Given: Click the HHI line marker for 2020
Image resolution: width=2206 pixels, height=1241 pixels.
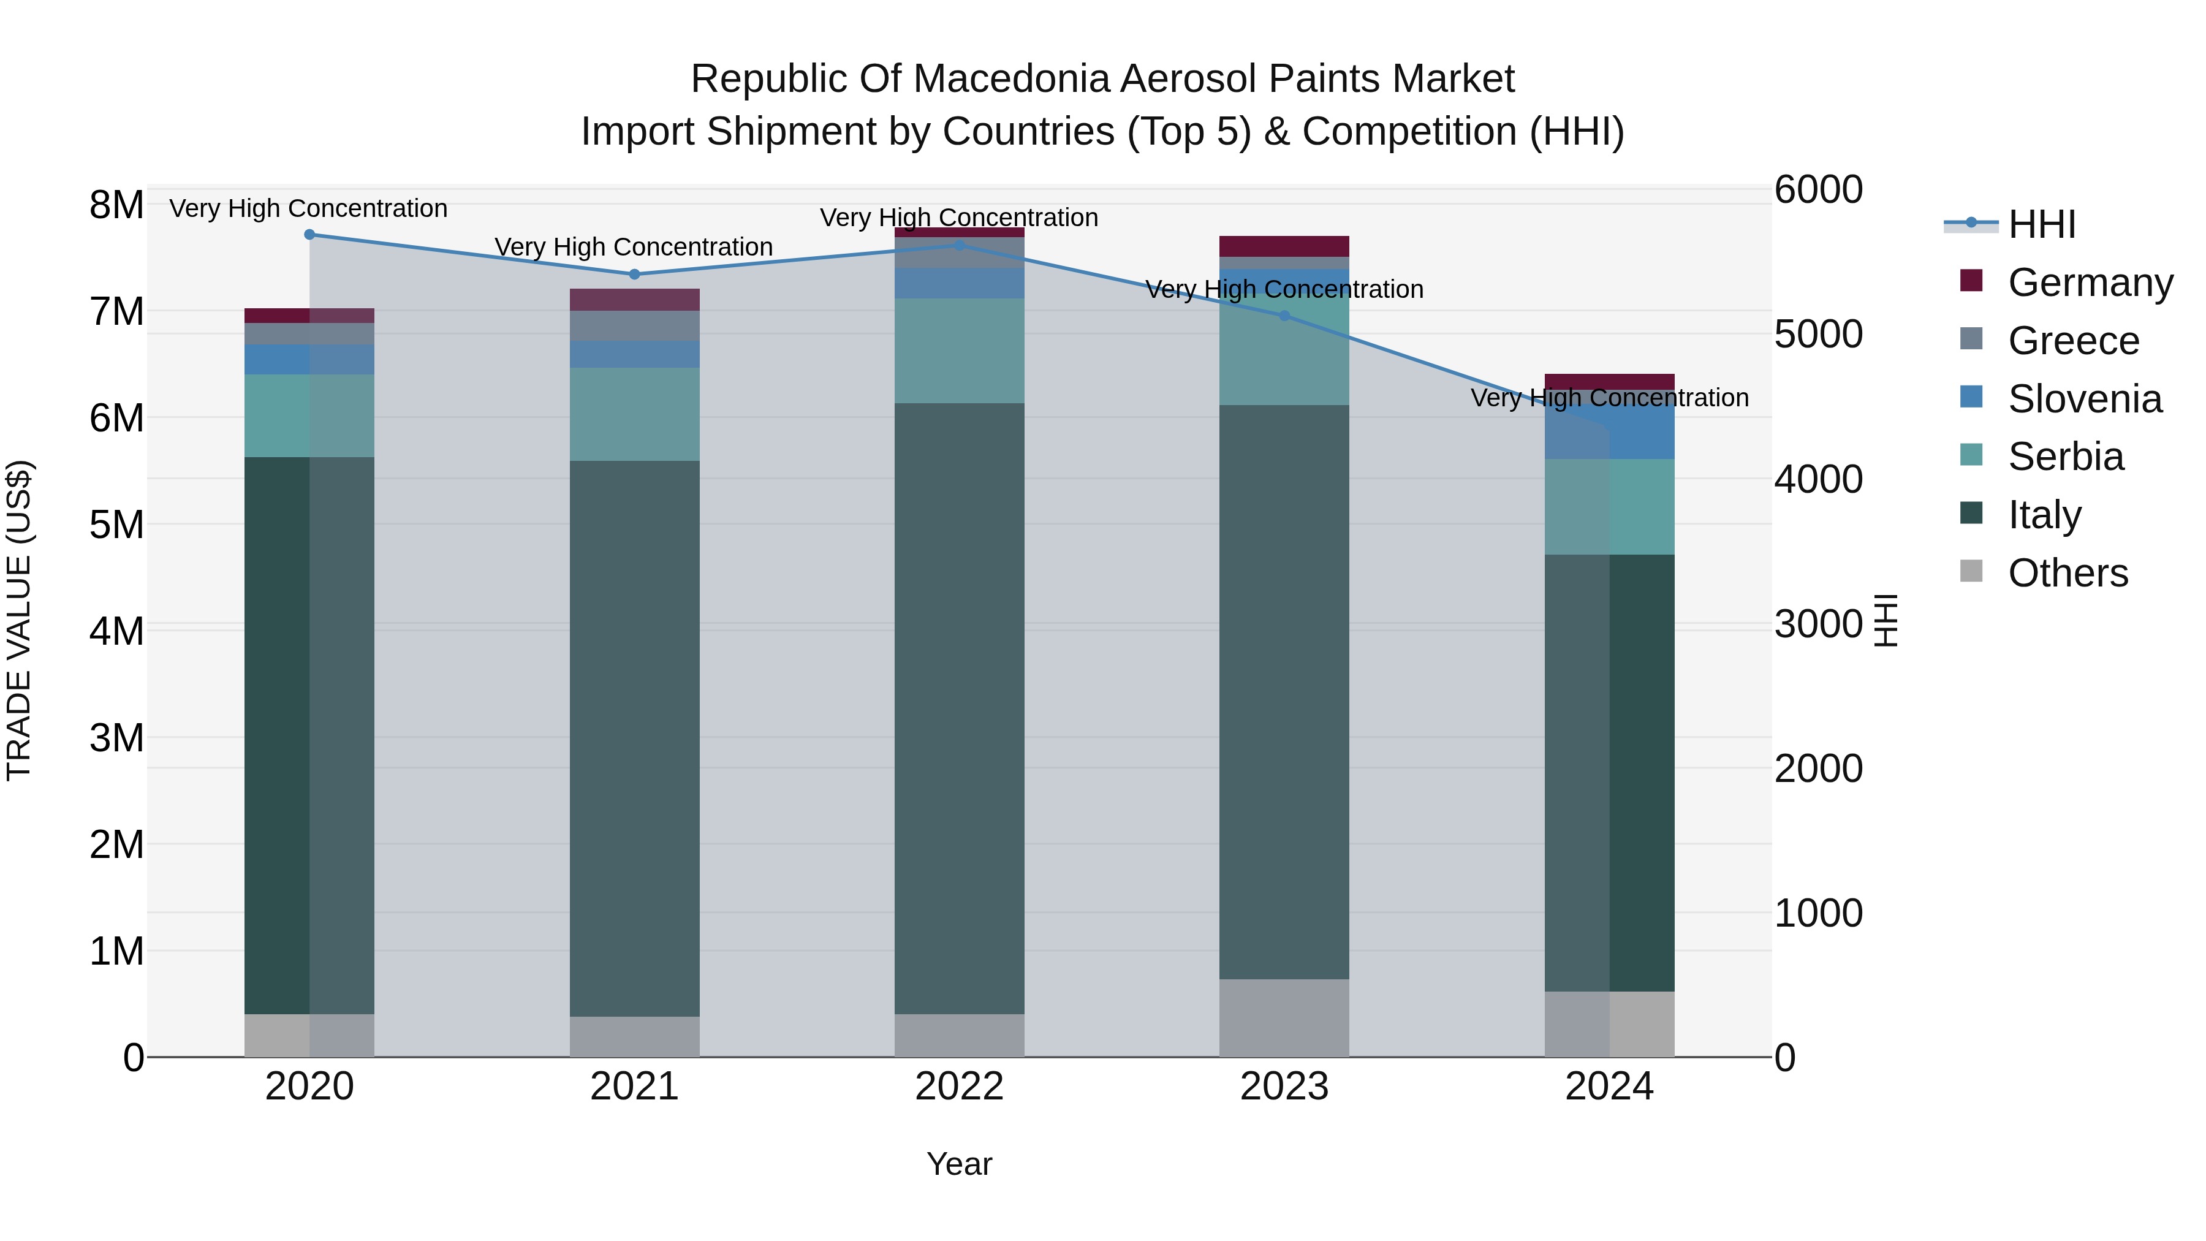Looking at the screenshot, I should (310, 235).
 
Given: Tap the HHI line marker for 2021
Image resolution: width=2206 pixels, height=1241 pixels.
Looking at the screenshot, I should (635, 274).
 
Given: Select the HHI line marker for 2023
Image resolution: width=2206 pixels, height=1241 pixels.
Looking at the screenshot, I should (1284, 316).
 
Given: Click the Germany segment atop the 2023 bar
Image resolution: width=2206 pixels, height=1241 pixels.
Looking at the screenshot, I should (1284, 246).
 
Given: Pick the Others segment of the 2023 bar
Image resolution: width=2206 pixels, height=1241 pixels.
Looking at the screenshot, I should (1284, 1017).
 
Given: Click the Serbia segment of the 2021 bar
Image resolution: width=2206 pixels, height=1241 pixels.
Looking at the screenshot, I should (635, 414).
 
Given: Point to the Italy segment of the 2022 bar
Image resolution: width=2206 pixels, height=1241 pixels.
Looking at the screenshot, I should (959, 708).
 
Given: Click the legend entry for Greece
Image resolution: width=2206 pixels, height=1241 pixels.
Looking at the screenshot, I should (2073, 341).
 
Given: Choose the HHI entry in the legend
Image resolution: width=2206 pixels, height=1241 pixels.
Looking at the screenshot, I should (2042, 224).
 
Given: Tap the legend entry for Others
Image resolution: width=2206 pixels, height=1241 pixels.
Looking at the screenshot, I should (2068, 573).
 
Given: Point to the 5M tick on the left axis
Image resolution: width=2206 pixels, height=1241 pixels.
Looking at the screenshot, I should (116, 524).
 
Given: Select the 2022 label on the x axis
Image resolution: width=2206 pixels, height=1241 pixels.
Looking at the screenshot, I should (959, 1087).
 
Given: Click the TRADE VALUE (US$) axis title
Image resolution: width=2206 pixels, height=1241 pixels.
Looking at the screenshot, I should (19, 620).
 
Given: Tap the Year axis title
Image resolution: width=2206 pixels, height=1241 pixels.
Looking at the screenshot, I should (959, 1164).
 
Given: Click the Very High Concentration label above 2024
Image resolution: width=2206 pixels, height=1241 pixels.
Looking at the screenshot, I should (1609, 398).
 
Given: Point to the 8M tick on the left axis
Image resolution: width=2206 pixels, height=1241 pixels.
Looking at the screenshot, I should (116, 205).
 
